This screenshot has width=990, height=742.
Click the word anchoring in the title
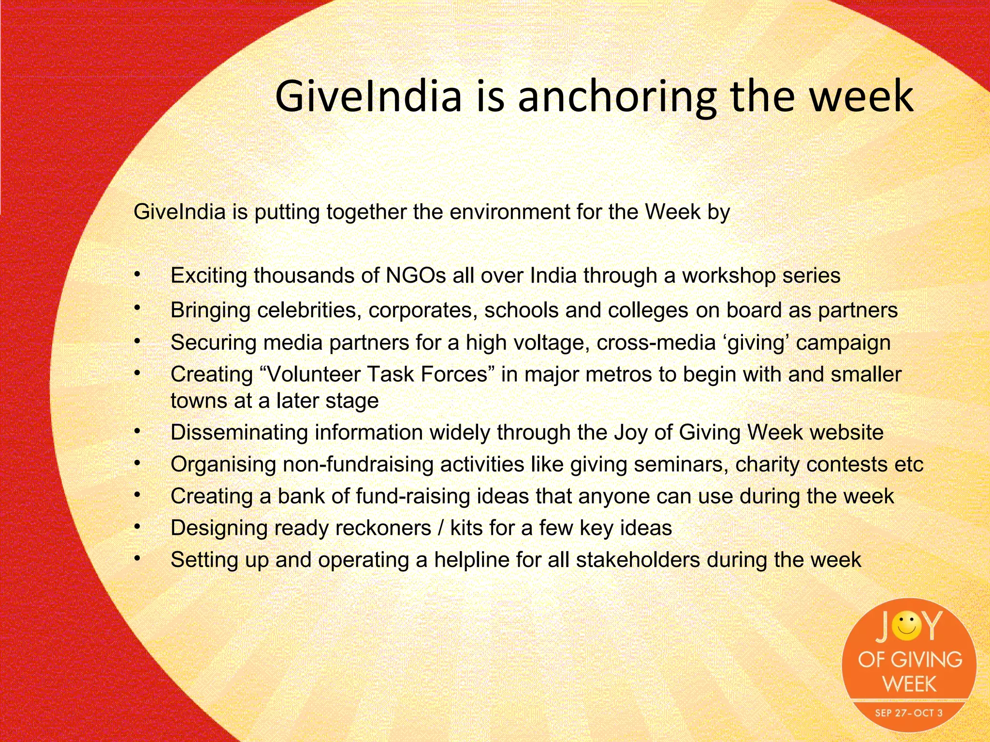point(616,97)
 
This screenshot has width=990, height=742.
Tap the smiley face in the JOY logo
point(906,626)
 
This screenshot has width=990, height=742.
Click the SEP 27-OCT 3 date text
point(909,713)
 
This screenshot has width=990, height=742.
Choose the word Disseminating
point(239,432)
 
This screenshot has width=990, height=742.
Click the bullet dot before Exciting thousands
point(137,274)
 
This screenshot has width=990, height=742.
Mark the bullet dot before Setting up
point(137,558)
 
